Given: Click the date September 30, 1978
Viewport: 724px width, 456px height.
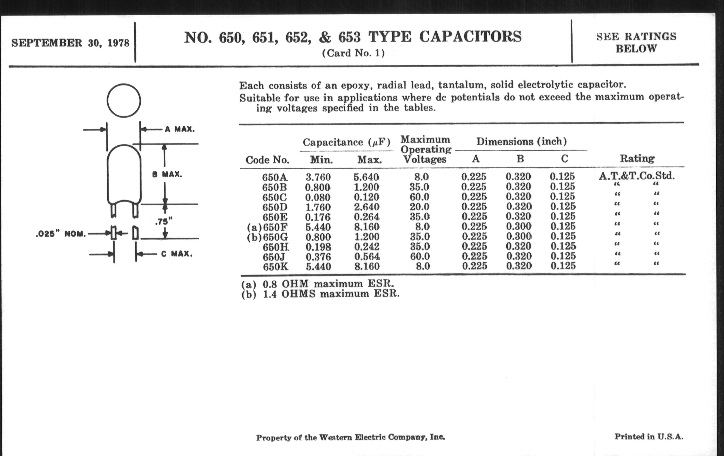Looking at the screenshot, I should pyautogui.click(x=70, y=43).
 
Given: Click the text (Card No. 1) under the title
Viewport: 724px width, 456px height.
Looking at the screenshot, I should pyautogui.click(x=353, y=53).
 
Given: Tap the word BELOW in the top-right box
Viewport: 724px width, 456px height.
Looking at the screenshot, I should pyautogui.click(x=636, y=49).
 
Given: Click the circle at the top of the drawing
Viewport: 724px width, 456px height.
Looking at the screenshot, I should pyautogui.click(x=124, y=100).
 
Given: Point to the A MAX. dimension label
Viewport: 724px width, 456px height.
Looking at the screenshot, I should pyautogui.click(x=180, y=129).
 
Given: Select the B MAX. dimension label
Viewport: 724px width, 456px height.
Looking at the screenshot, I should pyautogui.click(x=167, y=175).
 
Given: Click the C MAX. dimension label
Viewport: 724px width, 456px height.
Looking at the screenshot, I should pyautogui.click(x=177, y=254).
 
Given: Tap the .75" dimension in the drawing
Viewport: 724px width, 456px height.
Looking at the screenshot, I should pyautogui.click(x=164, y=222).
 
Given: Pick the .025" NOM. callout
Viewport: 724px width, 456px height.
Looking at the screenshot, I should pyautogui.click(x=61, y=234).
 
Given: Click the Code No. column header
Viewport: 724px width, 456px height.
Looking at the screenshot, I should pyautogui.click(x=267, y=160).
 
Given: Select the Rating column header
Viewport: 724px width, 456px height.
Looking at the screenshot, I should pyautogui.click(x=637, y=159).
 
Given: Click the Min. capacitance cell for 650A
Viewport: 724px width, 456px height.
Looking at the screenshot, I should pyautogui.click(x=318, y=177).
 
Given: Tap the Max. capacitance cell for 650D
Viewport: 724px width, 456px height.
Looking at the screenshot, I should pyautogui.click(x=366, y=207).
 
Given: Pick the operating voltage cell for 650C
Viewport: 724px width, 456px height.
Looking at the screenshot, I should pyautogui.click(x=419, y=197).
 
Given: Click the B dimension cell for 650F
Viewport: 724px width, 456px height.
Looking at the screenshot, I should pyautogui.click(x=519, y=226).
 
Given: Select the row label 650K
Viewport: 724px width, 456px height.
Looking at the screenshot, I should pyautogui.click(x=275, y=267).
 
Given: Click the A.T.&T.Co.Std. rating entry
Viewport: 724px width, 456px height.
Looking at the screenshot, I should pyautogui.click(x=636, y=176).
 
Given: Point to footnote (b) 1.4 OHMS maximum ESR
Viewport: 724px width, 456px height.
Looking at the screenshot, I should pyautogui.click(x=321, y=294).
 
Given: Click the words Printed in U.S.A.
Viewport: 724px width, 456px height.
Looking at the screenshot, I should pyautogui.click(x=648, y=437).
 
